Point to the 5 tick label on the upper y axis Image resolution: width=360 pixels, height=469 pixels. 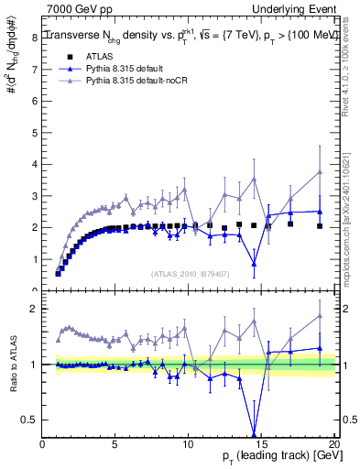pos(35,162)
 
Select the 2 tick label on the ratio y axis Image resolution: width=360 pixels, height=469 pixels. pos(35,309)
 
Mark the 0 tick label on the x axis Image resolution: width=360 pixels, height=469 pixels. pos(43,445)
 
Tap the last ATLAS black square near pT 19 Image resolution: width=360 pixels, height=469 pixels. pos(319,225)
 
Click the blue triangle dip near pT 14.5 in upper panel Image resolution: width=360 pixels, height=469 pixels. pos(254,263)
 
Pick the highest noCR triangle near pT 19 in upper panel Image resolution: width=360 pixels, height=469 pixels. pos(319,171)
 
